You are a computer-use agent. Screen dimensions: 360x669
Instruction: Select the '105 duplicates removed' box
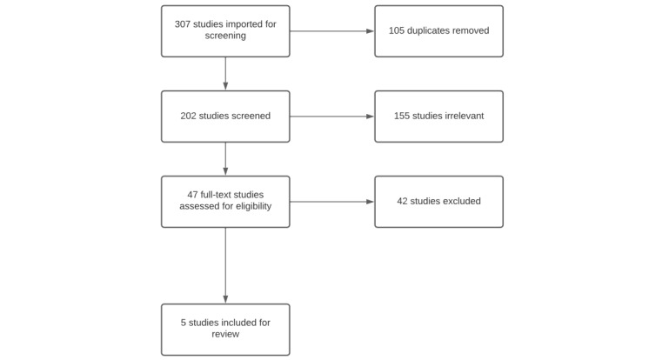(x=438, y=31)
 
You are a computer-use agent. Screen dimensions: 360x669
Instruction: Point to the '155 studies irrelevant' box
(x=438, y=117)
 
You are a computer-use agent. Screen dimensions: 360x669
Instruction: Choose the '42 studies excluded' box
(x=438, y=202)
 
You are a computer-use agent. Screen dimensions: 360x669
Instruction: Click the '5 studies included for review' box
(x=225, y=330)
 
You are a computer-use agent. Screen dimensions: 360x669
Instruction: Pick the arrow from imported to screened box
(x=225, y=74)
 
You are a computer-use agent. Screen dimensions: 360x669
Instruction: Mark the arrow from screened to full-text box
(x=225, y=159)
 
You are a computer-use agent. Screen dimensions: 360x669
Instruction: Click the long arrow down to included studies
(x=225, y=265)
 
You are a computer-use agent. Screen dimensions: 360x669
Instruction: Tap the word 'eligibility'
(x=248, y=207)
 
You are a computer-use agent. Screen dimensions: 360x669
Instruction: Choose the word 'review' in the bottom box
(x=225, y=335)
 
